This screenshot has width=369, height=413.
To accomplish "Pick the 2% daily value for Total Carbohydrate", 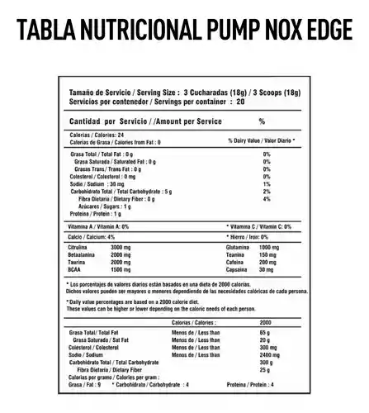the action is coord(267,191).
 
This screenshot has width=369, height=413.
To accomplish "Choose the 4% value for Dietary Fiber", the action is coord(267,199).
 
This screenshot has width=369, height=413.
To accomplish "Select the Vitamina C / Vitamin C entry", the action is coord(258,225).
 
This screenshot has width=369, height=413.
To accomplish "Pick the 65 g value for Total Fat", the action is coord(265,331).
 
